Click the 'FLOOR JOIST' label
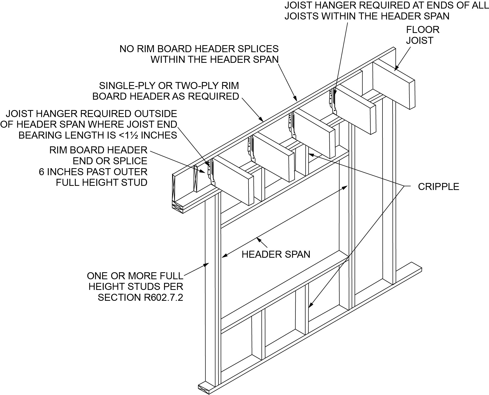click(x=422, y=35)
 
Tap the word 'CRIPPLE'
click(x=438, y=187)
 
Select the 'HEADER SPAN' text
click(x=276, y=254)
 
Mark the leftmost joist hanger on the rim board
click(x=210, y=172)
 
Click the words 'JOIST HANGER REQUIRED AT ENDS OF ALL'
click(x=386, y=5)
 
